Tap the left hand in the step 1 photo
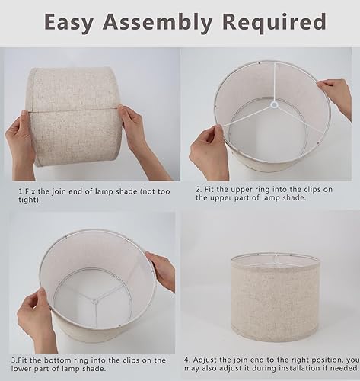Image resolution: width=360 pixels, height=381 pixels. (x=24, y=136)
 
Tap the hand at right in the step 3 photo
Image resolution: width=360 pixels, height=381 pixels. (x=161, y=270)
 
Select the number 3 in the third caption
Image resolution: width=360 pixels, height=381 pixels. (x=13, y=358)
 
